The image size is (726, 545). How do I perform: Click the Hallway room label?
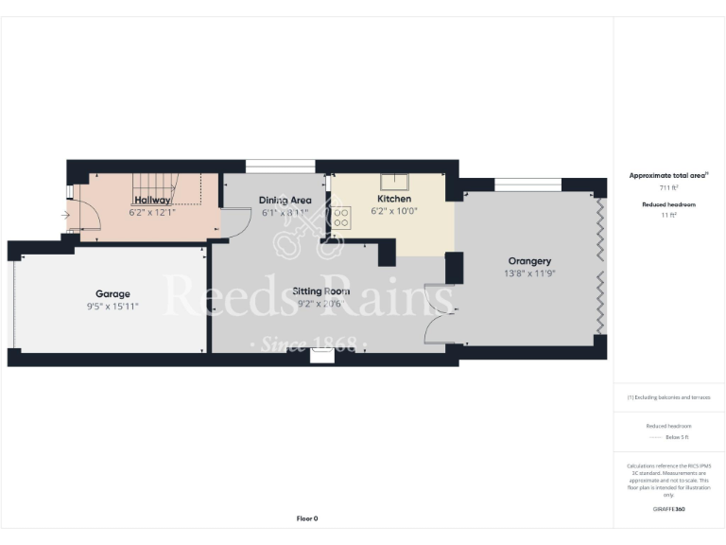click(x=152, y=200)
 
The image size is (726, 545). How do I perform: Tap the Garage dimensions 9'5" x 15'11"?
click(x=112, y=307)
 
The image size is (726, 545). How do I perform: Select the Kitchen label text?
click(x=394, y=200)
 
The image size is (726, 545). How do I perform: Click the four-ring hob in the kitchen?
click(x=341, y=220)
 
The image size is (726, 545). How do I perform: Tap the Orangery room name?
click(x=529, y=261)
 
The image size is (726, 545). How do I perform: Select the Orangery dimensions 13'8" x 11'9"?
click(x=529, y=273)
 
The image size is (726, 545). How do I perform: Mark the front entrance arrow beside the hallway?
click(x=64, y=216)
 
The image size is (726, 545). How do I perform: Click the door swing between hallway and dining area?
click(x=230, y=221)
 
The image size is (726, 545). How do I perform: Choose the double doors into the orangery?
click(x=438, y=311)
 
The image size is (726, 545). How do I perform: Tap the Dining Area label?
click(x=285, y=200)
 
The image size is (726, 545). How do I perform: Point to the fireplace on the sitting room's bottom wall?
click(x=322, y=355)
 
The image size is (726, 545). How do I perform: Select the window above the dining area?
click(x=280, y=167)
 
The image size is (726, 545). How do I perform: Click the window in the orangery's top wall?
click(x=527, y=184)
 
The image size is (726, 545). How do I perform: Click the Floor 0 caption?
click(x=307, y=519)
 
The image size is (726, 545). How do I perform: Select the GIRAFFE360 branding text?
click(x=669, y=509)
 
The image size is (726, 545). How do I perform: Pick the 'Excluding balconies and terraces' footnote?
click(x=669, y=397)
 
